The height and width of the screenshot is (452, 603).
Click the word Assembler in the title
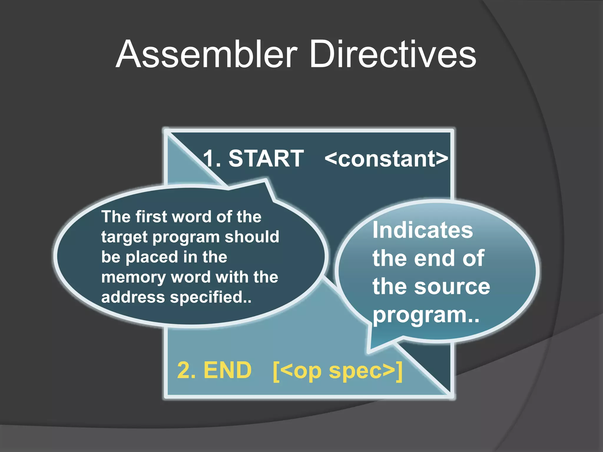[206, 54]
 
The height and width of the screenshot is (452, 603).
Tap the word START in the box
[266, 159]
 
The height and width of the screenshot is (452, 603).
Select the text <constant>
[386, 159]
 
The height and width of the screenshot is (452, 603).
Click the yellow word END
[228, 370]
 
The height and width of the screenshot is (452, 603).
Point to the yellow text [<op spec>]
[337, 371]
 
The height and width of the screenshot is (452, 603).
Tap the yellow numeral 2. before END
[186, 370]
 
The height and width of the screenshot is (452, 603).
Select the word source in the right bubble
[452, 287]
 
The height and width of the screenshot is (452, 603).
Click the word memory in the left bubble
[133, 277]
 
